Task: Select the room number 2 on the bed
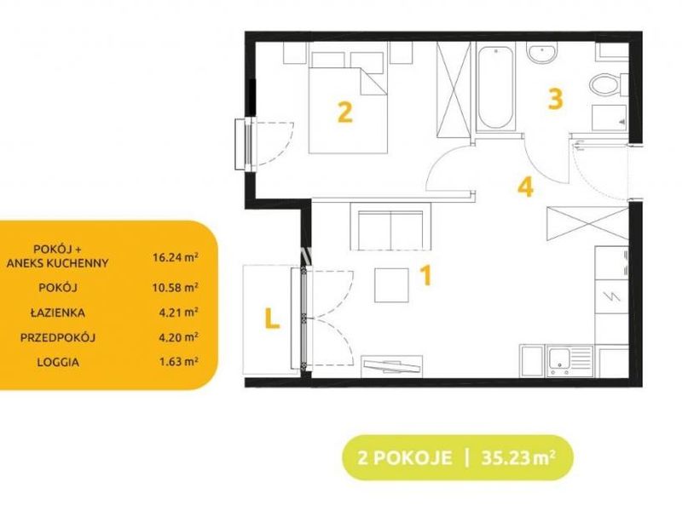point(345,112)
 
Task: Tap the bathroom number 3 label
point(556,99)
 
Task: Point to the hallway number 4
point(526,187)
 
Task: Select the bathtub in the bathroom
point(496,88)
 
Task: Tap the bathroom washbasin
point(541,53)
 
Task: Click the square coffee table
point(391,285)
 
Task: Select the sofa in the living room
point(391,226)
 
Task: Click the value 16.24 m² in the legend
point(176,257)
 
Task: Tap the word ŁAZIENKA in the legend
point(58,313)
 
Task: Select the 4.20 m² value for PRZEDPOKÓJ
point(179,337)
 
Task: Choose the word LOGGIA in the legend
point(58,362)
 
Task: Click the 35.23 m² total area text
point(518,458)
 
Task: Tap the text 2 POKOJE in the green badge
point(404,458)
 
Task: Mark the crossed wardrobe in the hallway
point(587,223)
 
